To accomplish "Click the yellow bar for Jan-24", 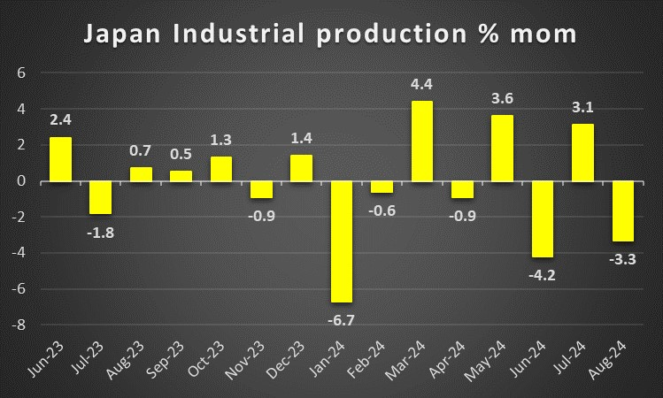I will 342,241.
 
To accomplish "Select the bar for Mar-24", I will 422,142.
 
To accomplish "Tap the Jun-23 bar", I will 60,159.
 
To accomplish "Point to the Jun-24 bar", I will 542,219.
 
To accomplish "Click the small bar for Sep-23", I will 181,176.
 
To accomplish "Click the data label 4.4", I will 422,86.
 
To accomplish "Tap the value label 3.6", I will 502,100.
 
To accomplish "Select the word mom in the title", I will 545,34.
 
